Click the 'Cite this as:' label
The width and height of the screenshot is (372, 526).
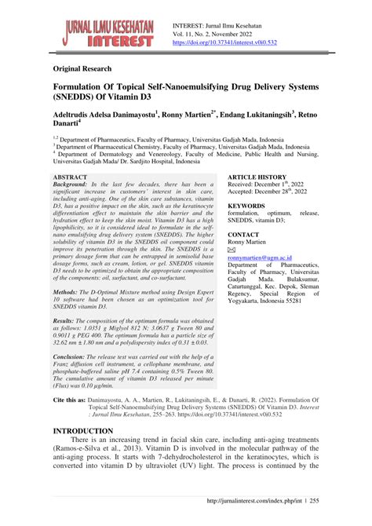click(x=68, y=422)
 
